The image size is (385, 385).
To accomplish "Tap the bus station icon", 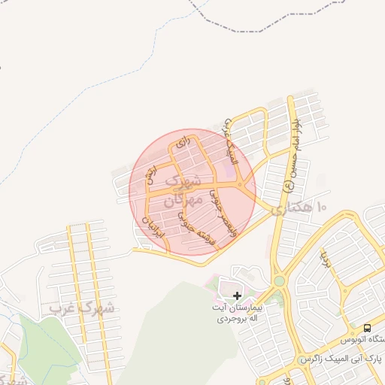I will tap(367, 328).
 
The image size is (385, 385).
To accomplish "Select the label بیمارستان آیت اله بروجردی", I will tap(238, 314).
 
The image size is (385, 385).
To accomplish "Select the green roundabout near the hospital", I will tap(279, 280).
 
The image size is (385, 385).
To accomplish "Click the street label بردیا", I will tap(326, 259).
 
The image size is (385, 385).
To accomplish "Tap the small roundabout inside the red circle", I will tap(240, 184).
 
